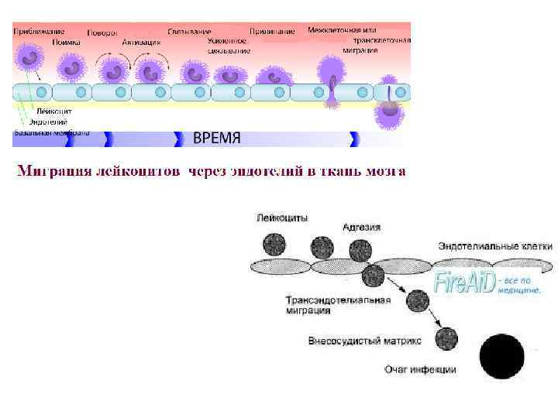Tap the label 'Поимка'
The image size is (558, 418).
pyautogui.click(x=65, y=42)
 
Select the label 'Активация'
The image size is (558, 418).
pyautogui.click(x=142, y=42)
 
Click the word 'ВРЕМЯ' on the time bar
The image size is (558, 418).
pyautogui.click(x=216, y=139)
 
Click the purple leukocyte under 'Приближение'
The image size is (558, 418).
pyautogui.click(x=30, y=57)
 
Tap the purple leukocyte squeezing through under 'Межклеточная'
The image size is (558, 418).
pyautogui.click(x=332, y=78)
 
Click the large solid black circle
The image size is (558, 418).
pyautogui.click(x=501, y=357)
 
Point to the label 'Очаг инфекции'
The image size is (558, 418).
pyautogui.click(x=420, y=369)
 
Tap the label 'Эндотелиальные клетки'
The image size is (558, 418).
pyautogui.click(x=495, y=246)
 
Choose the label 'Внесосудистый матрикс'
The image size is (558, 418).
pyautogui.click(x=364, y=340)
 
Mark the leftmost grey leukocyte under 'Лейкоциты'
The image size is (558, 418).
pyautogui.click(x=275, y=245)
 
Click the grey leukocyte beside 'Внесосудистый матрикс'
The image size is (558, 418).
pyautogui.click(x=446, y=338)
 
